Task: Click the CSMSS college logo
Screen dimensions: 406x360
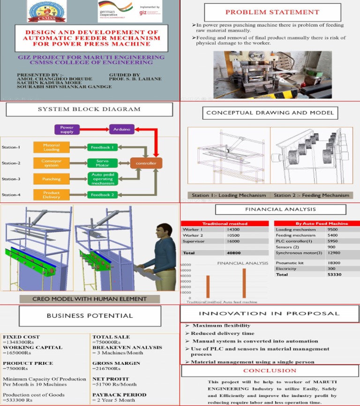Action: (47, 11)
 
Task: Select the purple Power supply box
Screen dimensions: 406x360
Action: (67, 129)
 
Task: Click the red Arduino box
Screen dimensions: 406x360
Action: (122, 129)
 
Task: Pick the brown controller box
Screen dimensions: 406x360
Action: (146, 163)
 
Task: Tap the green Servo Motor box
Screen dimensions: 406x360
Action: (102, 163)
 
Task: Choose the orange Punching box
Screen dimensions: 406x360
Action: (52, 179)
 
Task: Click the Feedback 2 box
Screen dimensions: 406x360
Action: (102, 195)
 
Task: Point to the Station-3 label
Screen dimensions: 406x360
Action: (11, 179)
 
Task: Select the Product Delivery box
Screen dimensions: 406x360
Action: (52, 195)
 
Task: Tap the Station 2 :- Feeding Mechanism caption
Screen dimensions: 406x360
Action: (311, 195)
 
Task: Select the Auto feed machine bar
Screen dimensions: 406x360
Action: (244, 283)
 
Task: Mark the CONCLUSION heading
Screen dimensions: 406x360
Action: (270, 370)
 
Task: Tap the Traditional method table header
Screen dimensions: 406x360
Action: (224, 224)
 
